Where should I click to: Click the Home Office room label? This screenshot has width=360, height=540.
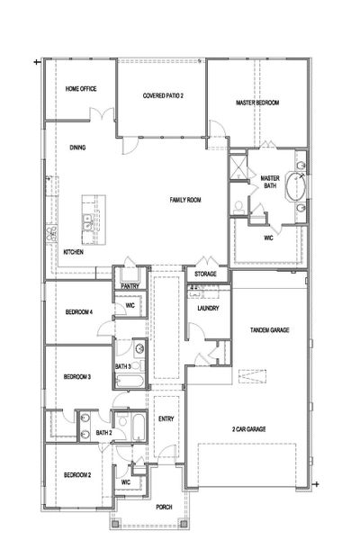click(81, 89)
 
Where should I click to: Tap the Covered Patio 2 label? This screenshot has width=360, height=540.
click(163, 95)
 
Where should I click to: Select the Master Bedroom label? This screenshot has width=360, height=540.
click(257, 103)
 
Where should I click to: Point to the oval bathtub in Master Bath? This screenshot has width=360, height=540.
click(295, 186)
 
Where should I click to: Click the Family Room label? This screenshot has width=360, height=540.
click(185, 200)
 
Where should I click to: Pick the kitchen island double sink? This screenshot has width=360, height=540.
click(86, 222)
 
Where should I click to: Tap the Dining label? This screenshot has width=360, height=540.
click(77, 148)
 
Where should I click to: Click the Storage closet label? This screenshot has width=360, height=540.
click(205, 274)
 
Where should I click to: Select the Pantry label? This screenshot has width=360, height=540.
click(130, 286)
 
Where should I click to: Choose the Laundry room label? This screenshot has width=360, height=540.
click(208, 308)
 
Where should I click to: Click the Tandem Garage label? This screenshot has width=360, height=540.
click(269, 330)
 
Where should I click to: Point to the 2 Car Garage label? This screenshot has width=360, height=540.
click(248, 429)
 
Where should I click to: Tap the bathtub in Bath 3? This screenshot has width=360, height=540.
click(130, 382)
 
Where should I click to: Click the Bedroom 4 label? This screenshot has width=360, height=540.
click(79, 312)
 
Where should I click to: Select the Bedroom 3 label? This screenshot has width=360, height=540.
click(77, 377)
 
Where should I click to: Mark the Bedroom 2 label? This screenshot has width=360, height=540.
click(77, 475)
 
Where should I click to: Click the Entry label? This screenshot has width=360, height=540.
click(166, 418)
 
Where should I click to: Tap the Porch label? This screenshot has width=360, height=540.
click(164, 507)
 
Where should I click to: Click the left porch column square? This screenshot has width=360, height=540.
click(115, 524)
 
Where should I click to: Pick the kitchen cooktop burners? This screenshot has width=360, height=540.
click(51, 234)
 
